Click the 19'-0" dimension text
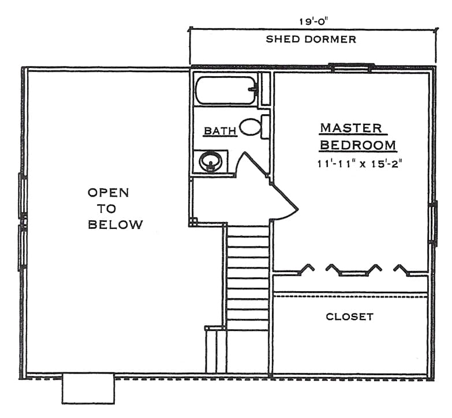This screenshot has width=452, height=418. coord(313,21)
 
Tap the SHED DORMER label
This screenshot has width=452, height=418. coord(311,39)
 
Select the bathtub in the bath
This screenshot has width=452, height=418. coord(226,91)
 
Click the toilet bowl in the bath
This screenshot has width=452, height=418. coord(250,127)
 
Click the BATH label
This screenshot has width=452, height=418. coord(221,131)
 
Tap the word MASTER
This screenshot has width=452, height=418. coord(351,128)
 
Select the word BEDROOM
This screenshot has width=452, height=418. coord(358,145)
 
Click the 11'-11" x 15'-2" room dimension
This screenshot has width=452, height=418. coord(360,164)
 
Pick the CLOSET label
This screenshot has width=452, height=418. coord(350,317)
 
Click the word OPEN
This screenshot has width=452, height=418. coord(108,193)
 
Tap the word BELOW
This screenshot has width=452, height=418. coord(115,224)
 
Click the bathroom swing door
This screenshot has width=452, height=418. coord(251,163)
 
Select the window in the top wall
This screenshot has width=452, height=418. coord(352,67)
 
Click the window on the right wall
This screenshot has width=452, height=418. coord(433,224)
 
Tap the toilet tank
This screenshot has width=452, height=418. coord(265,127)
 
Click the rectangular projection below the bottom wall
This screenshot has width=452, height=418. coord(88,389)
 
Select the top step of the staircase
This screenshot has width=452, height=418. coord(248,231)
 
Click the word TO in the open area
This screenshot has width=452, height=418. coord(106,209)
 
